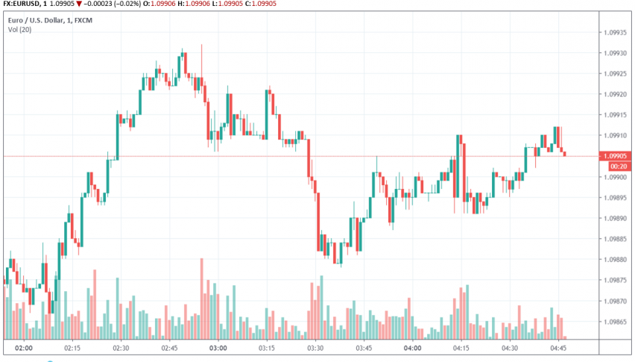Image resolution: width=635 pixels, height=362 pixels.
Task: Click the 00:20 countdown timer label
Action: pyautogui.click(x=616, y=166)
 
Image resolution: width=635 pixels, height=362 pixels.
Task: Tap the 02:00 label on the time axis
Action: pyautogui.click(x=24, y=348)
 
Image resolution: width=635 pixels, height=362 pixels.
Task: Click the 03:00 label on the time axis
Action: pyautogui.click(x=218, y=348)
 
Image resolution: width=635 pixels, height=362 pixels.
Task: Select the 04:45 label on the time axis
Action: pyautogui.click(x=559, y=348)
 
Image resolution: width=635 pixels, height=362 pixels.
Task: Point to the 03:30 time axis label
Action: pyautogui.click(x=315, y=348)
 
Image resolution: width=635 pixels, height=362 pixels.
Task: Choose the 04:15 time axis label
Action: pyautogui.click(x=461, y=348)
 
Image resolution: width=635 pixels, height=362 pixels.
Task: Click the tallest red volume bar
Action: pyautogui.click(x=201, y=299)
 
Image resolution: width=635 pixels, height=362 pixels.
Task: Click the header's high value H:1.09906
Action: pyautogui.click(x=198, y=4)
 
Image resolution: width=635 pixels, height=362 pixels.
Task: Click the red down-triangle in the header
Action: pyautogui.click(x=78, y=4)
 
